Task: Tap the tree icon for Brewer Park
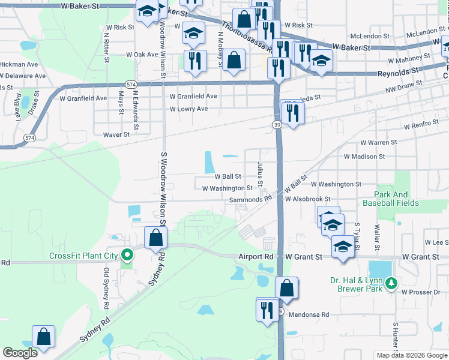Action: click(x=391, y=281)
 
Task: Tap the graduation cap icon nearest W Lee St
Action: click(x=342, y=247)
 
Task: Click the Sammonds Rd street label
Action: click(x=255, y=197)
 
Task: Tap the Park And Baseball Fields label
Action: click(x=397, y=199)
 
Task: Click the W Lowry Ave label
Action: click(x=188, y=109)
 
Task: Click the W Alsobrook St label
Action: click(x=308, y=199)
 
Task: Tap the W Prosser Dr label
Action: click(x=423, y=292)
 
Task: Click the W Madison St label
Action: click(x=364, y=157)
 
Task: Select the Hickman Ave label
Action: click(x=20, y=64)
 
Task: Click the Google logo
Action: click(x=20, y=353)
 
